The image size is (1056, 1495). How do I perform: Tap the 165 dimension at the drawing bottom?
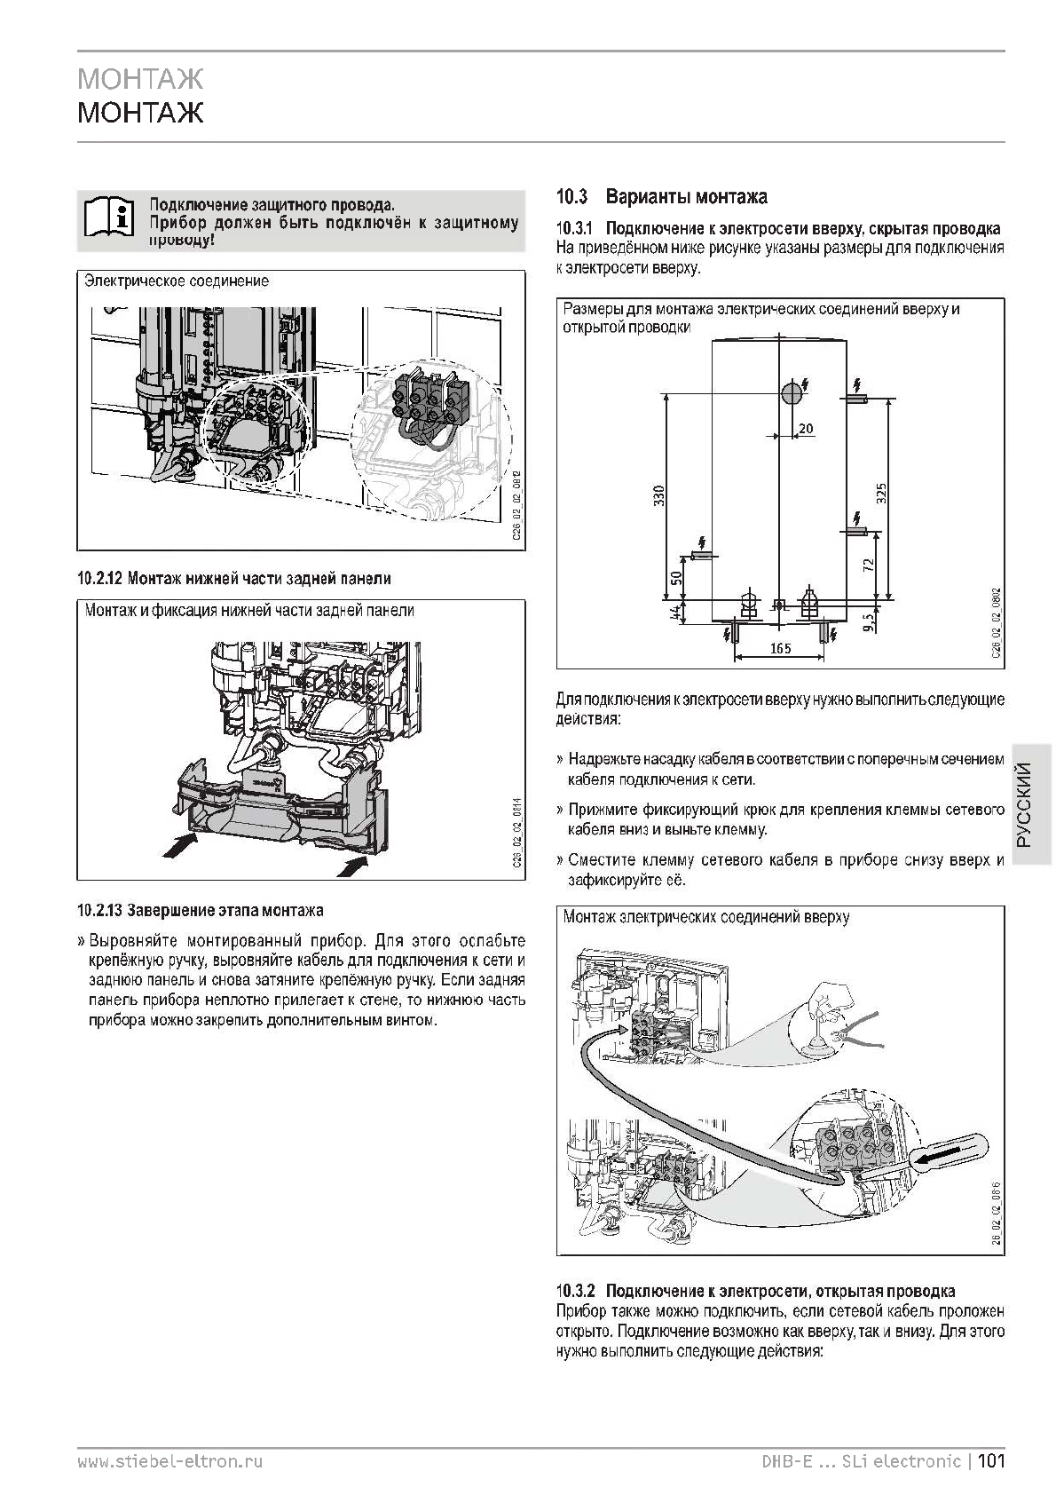coord(780,649)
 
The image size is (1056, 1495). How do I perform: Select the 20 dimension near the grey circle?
coord(806,429)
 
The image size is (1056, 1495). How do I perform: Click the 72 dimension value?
coord(870,563)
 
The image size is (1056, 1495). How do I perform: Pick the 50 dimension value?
coord(676,578)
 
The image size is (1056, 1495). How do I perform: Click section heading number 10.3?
coord(572,196)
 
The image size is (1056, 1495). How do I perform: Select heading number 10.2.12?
coord(99,579)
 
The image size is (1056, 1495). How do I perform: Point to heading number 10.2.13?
coord(99,910)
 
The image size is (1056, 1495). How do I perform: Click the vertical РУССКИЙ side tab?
coord(1026,805)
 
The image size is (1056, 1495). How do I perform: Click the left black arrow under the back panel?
coord(182,842)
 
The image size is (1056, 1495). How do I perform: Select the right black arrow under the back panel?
coord(356,864)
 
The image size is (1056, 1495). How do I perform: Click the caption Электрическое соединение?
coord(177,281)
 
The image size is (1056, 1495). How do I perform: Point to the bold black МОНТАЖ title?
coord(140,113)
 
